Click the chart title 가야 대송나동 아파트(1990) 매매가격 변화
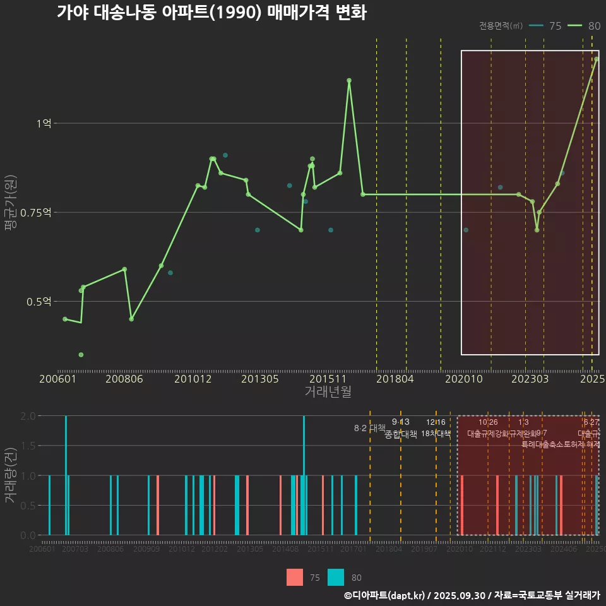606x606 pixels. pyautogui.click(x=211, y=13)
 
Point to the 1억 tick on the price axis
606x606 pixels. pyautogui.click(x=44, y=124)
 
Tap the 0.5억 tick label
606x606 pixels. pyautogui.click(x=39, y=302)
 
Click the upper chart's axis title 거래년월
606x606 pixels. pyautogui.click(x=328, y=392)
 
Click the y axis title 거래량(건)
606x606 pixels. pyautogui.click(x=10, y=475)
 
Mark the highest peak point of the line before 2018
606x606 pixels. pyautogui.click(x=349, y=80)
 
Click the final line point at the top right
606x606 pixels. pyautogui.click(x=596, y=59)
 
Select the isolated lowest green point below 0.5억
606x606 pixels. pyautogui.click(x=81, y=355)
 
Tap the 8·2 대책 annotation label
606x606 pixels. pyautogui.click(x=369, y=428)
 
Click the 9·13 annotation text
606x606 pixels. pyautogui.click(x=400, y=422)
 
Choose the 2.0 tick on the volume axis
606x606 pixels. pyautogui.click(x=28, y=416)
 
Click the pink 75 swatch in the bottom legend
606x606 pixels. pyautogui.click(x=295, y=577)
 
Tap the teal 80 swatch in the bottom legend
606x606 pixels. pyautogui.click(x=336, y=577)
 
